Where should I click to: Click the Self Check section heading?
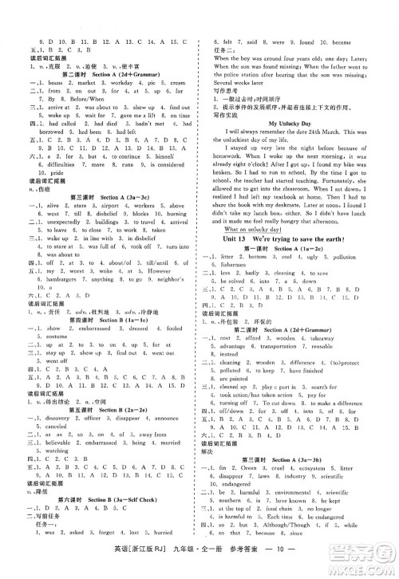pos(156,529)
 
